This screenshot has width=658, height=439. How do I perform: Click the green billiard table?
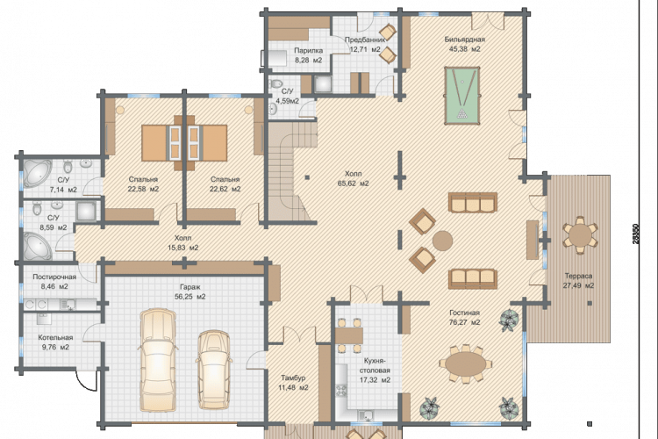[461, 96]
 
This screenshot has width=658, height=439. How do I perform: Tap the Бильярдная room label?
[464, 40]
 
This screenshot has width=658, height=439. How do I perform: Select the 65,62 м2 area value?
[353, 184]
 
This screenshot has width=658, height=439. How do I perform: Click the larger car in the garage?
[158, 361]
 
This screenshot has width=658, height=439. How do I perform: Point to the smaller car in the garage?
[213, 370]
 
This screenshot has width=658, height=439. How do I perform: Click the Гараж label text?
[190, 287]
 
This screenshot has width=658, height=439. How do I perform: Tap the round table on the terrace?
[580, 234]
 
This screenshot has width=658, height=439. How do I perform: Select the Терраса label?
[578, 276]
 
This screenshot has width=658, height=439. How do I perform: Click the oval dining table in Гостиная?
[466, 364]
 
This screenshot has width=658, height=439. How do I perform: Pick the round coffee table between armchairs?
[442, 241]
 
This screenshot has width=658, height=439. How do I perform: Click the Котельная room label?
[55, 338]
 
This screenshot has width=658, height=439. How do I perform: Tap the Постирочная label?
[54, 277]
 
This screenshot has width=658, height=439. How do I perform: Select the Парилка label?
[309, 51]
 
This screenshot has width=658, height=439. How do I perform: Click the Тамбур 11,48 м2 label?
[293, 383]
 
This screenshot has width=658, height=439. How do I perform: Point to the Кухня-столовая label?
[377, 365]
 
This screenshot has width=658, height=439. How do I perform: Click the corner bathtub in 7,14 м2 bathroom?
[36, 172]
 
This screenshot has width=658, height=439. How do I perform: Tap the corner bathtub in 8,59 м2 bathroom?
[37, 246]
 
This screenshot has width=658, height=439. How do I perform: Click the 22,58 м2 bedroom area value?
[144, 189]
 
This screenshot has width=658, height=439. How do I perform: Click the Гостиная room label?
[464, 313]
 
